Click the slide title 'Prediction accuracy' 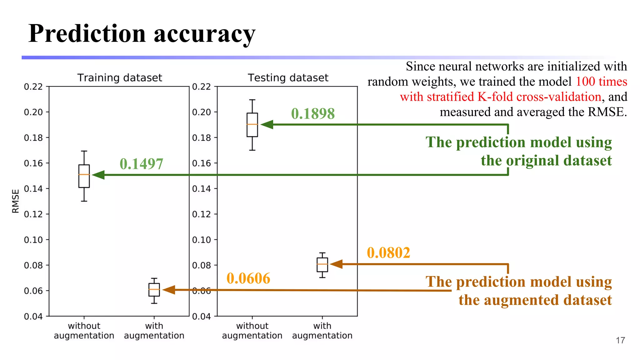142,34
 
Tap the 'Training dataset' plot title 120,77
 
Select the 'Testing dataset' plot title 288,77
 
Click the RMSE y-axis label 15,201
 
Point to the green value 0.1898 313,113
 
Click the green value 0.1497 141,164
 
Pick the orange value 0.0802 388,253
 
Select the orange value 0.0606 248,278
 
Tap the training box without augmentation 84,176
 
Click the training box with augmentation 154,290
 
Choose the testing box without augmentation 252,125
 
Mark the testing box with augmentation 322,265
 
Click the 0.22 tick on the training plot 33,87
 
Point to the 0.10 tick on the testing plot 201,240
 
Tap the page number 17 620,340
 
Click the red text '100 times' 601,82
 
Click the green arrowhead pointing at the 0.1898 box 267,124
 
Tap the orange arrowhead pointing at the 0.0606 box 169,290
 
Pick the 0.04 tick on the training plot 33,317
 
